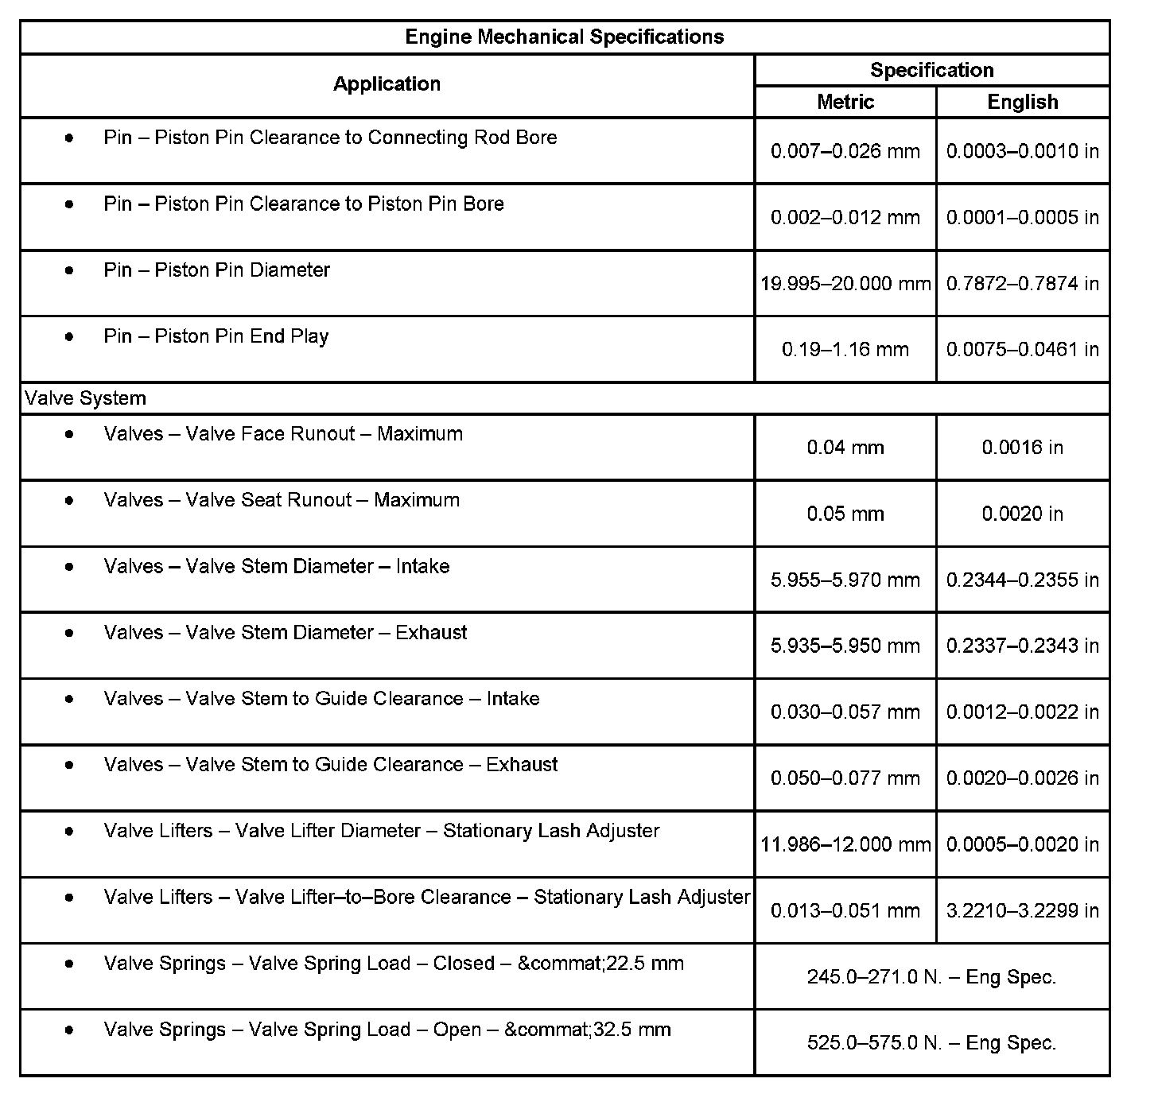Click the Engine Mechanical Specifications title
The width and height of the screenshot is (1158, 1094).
tap(564, 37)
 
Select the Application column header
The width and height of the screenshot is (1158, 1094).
tap(387, 84)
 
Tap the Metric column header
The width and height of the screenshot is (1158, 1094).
tap(845, 102)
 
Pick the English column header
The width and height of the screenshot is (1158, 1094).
tap(1022, 102)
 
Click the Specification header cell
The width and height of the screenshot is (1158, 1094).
tap(931, 70)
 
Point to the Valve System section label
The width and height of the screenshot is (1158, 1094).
tap(85, 398)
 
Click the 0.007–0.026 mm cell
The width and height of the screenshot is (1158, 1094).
tap(845, 151)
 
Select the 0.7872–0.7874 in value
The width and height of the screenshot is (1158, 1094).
tap(1022, 283)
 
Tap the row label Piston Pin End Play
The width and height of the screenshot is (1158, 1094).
tap(216, 336)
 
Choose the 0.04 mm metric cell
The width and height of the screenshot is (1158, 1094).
tap(845, 448)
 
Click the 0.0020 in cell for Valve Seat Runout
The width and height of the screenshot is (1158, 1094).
tap(1022, 514)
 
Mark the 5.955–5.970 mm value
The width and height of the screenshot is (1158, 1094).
tap(845, 580)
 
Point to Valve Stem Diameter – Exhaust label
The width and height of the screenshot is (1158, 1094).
tap(286, 633)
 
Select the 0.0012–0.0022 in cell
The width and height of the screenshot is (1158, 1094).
tap(1022, 712)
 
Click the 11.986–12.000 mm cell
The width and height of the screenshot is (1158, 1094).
tap(845, 844)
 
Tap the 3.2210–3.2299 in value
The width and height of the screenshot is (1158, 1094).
tap(1022, 910)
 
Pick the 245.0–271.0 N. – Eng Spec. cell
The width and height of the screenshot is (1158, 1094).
tap(931, 976)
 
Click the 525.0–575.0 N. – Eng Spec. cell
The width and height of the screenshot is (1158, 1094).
tap(931, 1042)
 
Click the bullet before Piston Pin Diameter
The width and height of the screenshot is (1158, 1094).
tap(70, 270)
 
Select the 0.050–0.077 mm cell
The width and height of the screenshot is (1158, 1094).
tap(845, 778)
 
